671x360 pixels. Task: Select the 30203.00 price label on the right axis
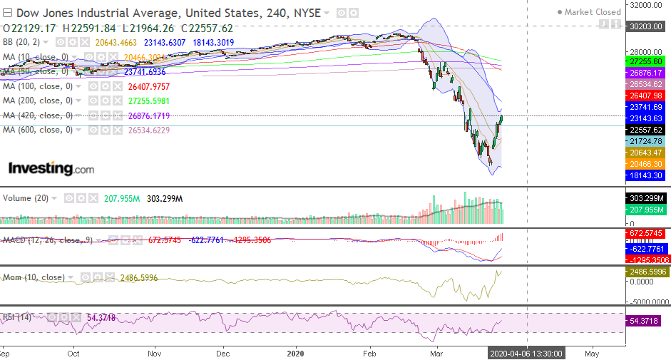pos(645,25)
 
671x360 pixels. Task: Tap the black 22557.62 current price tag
pos(645,130)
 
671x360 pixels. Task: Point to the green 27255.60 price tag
pos(645,62)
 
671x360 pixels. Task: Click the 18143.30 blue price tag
pos(645,175)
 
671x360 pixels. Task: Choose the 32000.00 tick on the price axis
pos(645,5)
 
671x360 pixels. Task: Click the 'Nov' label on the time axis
pos(155,352)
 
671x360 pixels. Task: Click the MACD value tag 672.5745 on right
pos(645,234)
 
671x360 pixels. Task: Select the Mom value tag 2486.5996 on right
pos(645,272)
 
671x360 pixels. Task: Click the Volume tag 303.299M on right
pos(645,198)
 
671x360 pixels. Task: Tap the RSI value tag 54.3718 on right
pos(645,322)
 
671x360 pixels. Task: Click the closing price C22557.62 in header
pos(207,28)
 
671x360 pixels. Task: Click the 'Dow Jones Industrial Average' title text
pos(96,12)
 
